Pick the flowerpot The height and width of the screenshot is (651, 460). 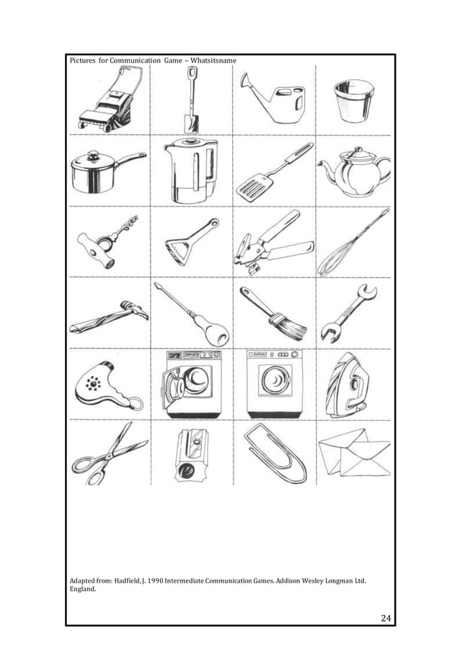tap(351, 102)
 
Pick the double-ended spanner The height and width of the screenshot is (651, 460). tap(350, 313)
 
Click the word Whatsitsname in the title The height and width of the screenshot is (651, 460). tap(216, 59)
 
